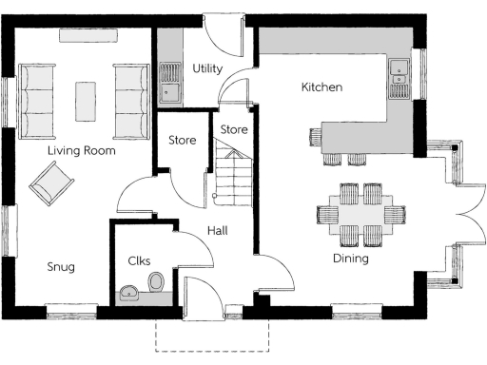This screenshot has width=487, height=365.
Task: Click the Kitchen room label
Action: [321, 87]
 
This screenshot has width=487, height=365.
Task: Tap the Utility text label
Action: [208, 68]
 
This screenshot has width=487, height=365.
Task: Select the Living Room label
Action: [81, 151]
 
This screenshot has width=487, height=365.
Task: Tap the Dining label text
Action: [350, 259]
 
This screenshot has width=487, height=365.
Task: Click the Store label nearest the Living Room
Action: [182, 141]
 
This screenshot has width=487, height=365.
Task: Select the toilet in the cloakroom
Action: [156, 281]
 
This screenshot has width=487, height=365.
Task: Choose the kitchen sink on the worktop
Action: [399, 77]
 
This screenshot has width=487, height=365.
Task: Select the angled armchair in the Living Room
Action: [50, 182]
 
